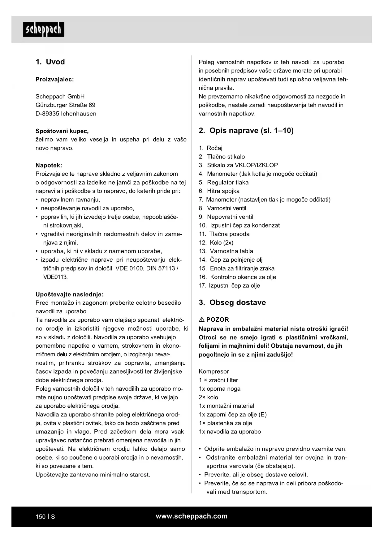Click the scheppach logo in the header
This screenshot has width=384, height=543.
(x=44, y=29)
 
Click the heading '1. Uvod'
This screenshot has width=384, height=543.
(x=50, y=62)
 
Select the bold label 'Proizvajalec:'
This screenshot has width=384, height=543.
(x=55, y=79)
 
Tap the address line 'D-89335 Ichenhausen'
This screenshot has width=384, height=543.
(x=66, y=114)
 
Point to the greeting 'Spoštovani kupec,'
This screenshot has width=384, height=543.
(x=62, y=131)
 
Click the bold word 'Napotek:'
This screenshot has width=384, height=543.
(x=49, y=165)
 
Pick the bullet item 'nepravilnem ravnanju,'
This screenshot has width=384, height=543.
(x=70, y=200)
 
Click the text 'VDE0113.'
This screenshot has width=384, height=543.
(x=55, y=277)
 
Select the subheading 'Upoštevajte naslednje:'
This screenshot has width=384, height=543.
(x=70, y=294)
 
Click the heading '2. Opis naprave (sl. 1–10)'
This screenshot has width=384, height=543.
(x=246, y=131)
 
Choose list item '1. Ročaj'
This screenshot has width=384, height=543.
(x=211, y=148)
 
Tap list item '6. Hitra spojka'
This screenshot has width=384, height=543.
(x=219, y=191)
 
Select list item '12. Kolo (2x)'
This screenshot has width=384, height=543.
(x=216, y=243)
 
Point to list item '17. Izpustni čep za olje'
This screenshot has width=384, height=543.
(x=229, y=286)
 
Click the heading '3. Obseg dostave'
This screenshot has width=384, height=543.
(x=232, y=302)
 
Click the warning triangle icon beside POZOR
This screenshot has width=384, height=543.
(x=201, y=319)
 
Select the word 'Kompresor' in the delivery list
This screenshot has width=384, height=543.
(x=214, y=371)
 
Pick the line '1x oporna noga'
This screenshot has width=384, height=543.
(x=219, y=389)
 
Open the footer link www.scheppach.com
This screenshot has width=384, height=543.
(x=192, y=516)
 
